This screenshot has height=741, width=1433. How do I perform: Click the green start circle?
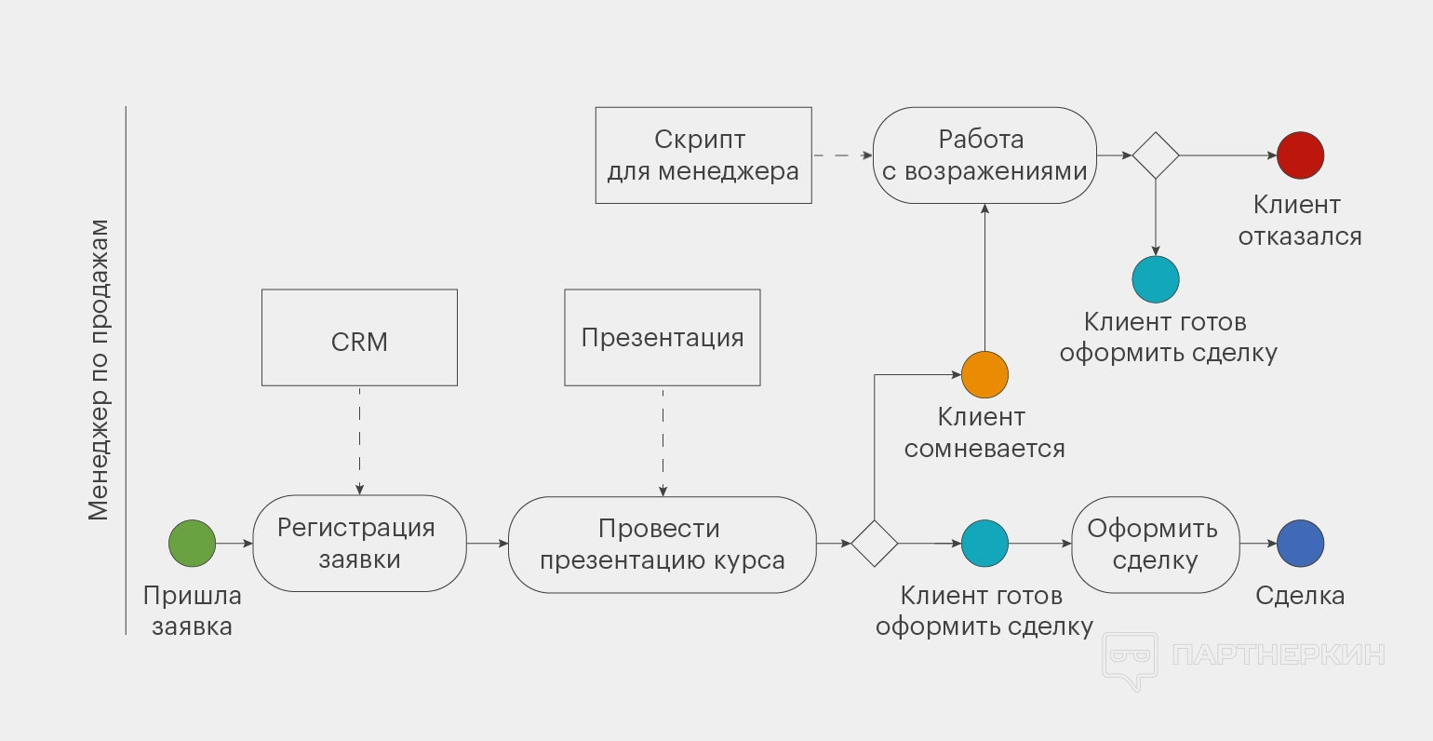click(192, 544)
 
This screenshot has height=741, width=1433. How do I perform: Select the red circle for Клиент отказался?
click(1300, 155)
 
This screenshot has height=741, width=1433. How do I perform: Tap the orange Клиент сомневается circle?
click(984, 375)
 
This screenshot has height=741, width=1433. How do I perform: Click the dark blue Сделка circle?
click(1300, 544)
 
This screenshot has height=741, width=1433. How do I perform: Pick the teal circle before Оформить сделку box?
click(984, 544)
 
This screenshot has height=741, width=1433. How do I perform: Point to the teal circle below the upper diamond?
click(1156, 279)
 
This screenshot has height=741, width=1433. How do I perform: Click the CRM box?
click(359, 338)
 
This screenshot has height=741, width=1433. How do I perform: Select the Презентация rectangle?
click(663, 338)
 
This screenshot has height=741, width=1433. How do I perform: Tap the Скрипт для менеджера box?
click(703, 155)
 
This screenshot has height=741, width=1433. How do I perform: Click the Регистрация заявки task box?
click(359, 544)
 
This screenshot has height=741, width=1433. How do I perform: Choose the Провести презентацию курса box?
click(663, 545)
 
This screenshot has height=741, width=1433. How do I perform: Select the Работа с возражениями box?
click(984, 155)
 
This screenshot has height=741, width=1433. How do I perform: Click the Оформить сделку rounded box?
click(1155, 545)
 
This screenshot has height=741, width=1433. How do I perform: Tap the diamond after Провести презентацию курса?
click(875, 544)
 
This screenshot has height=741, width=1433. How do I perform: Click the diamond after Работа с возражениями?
click(1156, 155)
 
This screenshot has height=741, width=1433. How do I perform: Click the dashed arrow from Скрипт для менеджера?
click(842, 155)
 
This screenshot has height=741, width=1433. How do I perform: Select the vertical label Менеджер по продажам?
click(99, 370)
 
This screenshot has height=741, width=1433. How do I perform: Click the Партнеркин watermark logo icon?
click(1130, 659)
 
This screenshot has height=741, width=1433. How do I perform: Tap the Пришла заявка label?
click(192, 611)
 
